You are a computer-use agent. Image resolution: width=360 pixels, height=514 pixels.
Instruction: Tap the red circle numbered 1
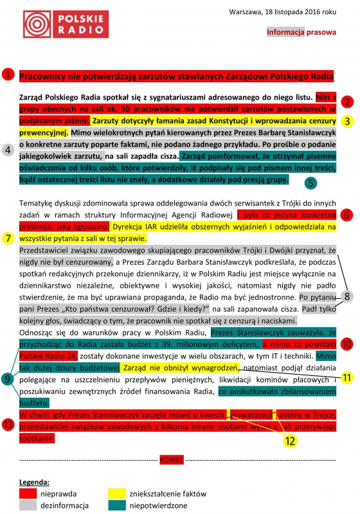(x=8, y=75)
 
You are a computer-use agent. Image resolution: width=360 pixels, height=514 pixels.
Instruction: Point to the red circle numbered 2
(x=348, y=102)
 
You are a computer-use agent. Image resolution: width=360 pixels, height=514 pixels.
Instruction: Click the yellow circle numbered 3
(x=348, y=120)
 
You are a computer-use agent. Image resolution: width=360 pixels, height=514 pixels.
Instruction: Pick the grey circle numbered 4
(x=8, y=150)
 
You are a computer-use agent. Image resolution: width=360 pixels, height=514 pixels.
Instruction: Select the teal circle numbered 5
(x=310, y=182)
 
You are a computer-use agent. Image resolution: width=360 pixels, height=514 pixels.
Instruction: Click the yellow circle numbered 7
(x=8, y=238)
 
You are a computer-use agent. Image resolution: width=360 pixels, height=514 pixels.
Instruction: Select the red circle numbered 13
(x=8, y=425)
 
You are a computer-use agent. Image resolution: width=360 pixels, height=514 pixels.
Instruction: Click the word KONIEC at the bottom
(x=172, y=461)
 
